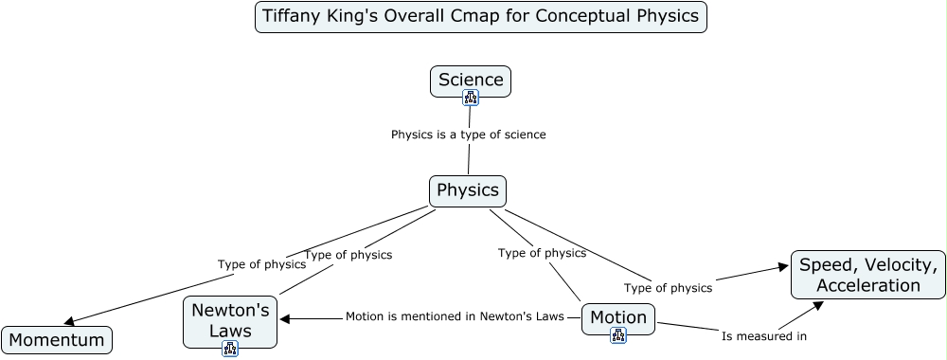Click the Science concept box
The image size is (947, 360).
pos(471,81)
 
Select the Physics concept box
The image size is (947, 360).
pos(468,191)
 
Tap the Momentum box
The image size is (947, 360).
pos(57,340)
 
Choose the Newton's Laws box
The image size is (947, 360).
pos(230,322)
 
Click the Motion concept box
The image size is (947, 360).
pos(617,319)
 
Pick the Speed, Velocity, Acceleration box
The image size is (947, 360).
pos(868,275)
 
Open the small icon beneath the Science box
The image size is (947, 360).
pos(471,98)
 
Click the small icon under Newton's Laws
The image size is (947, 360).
pos(230,349)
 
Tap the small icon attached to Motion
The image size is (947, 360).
pos(617,335)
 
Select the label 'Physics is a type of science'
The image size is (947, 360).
pos(468,135)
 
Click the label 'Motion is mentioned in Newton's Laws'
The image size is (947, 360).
pos(455,316)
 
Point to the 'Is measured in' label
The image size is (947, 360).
pos(764,336)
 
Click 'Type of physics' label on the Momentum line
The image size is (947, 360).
pos(261,264)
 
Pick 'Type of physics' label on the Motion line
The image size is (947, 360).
pos(542,253)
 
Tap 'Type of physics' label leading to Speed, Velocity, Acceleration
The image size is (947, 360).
pos(668,288)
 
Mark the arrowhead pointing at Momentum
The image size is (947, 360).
pos(69,321)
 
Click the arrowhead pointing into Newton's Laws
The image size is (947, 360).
pos(284,319)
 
